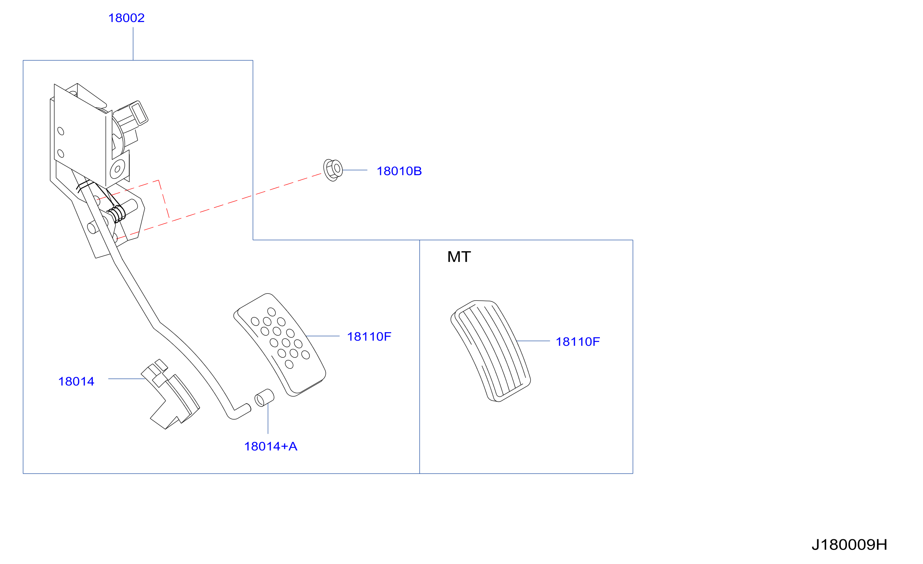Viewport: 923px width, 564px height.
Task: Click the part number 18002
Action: (126, 18)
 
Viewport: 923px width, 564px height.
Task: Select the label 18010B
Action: (399, 171)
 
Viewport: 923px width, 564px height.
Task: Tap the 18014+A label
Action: (271, 446)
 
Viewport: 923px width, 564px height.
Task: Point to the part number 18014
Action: (76, 381)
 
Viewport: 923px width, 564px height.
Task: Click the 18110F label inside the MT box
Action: (578, 342)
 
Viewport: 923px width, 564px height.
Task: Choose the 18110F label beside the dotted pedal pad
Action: (369, 336)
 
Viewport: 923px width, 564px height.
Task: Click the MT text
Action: (459, 257)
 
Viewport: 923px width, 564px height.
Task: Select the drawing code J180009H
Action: (849, 545)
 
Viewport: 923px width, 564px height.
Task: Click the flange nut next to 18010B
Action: (333, 170)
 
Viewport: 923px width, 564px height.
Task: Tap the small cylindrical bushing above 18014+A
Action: (264, 398)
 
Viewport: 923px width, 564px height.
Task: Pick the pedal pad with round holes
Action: (279, 345)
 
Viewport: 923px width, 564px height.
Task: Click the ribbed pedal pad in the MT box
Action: (490, 351)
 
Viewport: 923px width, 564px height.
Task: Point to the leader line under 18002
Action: (133, 44)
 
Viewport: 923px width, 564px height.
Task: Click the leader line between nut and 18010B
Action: (355, 170)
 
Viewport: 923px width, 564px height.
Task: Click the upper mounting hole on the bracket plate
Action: (61, 131)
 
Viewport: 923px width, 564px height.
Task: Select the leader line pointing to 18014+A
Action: (268, 418)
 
